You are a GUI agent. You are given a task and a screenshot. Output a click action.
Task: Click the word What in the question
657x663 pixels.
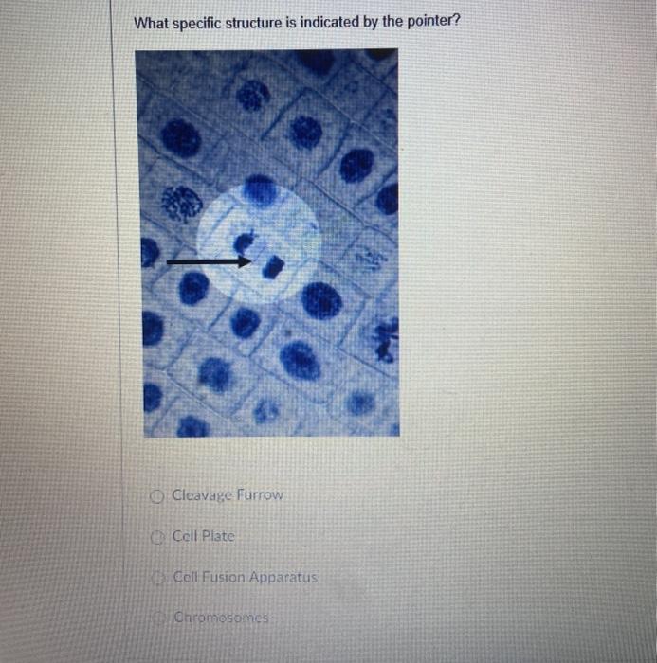(151, 22)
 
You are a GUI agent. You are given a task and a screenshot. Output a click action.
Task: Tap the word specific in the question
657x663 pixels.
(196, 22)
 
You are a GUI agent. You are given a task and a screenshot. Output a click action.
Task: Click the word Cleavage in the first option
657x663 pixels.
(202, 495)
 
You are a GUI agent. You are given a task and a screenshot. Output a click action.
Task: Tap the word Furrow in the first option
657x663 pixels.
(259, 495)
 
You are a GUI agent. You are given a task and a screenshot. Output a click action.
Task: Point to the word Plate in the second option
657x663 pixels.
(217, 536)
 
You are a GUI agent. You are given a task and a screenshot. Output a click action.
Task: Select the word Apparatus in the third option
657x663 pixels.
(285, 577)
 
